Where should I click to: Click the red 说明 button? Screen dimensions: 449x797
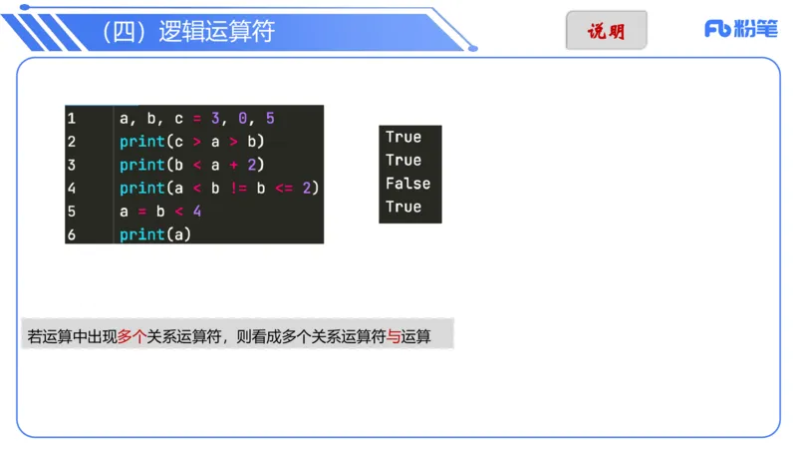(606, 30)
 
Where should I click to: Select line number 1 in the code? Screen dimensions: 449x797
(72, 118)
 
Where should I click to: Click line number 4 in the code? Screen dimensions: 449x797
(72, 188)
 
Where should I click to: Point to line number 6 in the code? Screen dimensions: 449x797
(72, 234)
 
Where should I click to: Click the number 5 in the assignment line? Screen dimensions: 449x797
(270, 118)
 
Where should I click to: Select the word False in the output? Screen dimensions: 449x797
(407, 184)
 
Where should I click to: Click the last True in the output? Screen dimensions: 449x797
(403, 207)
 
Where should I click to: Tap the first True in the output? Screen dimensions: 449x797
(403, 137)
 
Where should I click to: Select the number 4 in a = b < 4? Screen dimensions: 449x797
(196, 212)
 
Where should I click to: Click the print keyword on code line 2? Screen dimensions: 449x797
(140, 142)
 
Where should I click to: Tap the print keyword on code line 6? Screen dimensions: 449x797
(140, 234)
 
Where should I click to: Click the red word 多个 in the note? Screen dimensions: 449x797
(132, 337)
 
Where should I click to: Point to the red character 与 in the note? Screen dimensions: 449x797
(394, 337)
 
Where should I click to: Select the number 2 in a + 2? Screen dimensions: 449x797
(252, 165)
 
